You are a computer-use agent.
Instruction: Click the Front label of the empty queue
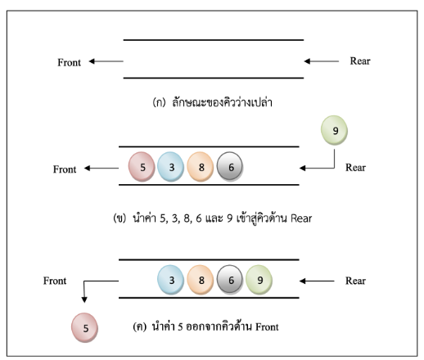click(69, 62)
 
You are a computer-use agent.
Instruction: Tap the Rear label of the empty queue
click(360, 61)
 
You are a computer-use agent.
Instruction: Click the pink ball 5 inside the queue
click(142, 167)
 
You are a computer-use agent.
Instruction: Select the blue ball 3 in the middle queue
click(171, 167)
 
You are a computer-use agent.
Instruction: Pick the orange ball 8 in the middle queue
click(201, 167)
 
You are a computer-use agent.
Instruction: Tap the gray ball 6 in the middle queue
click(230, 167)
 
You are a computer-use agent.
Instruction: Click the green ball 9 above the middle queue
click(334, 130)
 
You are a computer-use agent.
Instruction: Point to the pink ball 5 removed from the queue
click(84, 327)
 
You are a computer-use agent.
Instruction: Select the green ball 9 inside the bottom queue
click(259, 280)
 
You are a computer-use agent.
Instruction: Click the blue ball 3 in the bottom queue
click(171, 280)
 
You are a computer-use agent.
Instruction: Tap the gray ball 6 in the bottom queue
click(230, 280)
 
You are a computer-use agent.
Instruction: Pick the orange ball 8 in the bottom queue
click(201, 280)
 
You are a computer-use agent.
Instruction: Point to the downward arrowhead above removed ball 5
click(84, 299)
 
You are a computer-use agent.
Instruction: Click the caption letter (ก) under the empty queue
click(159, 102)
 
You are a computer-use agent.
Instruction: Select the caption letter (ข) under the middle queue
click(120, 218)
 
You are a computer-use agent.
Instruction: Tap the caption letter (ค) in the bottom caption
click(140, 326)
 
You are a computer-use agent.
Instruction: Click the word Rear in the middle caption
click(301, 218)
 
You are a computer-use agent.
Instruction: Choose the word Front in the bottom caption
click(267, 326)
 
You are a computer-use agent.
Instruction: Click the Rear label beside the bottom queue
click(355, 281)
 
